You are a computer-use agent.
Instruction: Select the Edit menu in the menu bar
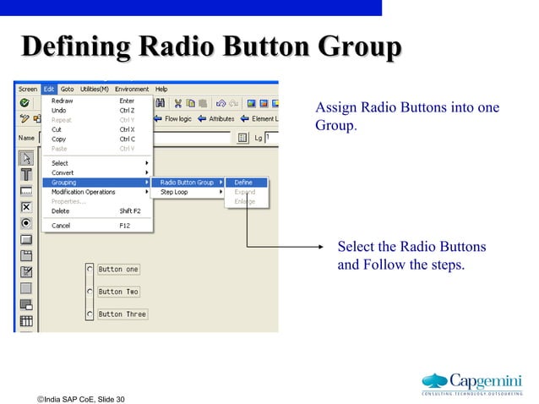point(49,89)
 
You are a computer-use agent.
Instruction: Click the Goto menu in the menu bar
point(67,89)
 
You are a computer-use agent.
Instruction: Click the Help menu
point(161,89)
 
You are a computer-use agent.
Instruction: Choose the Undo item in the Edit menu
point(59,110)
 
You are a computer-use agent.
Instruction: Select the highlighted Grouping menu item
point(64,183)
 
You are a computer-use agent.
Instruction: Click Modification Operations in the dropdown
point(83,192)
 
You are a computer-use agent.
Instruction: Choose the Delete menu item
point(61,210)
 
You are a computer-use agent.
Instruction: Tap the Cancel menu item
point(61,226)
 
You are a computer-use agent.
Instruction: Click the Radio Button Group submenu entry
point(187,183)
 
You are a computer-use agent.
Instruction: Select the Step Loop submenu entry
point(174,192)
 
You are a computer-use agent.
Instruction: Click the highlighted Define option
point(243,183)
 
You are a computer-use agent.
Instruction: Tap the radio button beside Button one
point(90,270)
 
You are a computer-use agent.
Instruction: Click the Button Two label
point(118,292)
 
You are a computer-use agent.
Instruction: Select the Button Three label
point(122,314)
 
